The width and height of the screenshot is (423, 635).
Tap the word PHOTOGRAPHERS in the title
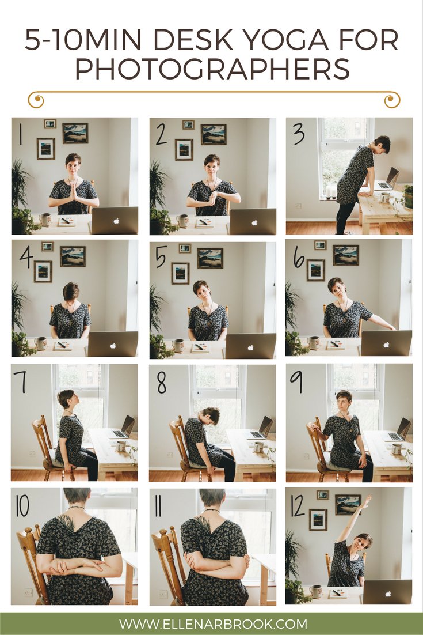(x=212, y=69)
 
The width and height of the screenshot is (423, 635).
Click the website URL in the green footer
(x=212, y=623)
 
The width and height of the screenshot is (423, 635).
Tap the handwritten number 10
(x=22, y=505)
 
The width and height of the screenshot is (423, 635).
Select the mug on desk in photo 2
(x=182, y=220)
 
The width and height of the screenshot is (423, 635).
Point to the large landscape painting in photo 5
(x=210, y=258)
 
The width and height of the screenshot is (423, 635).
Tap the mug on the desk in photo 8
(x=258, y=447)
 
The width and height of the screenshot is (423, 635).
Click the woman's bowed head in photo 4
(x=71, y=292)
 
